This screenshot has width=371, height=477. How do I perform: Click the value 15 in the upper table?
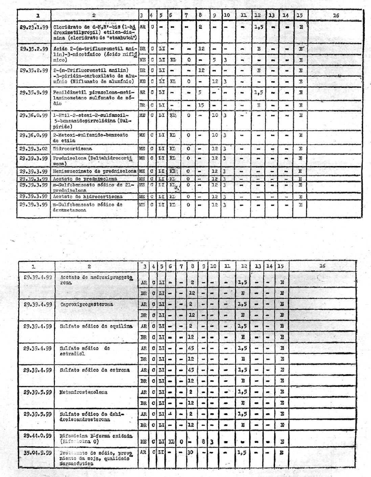click(201, 105)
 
